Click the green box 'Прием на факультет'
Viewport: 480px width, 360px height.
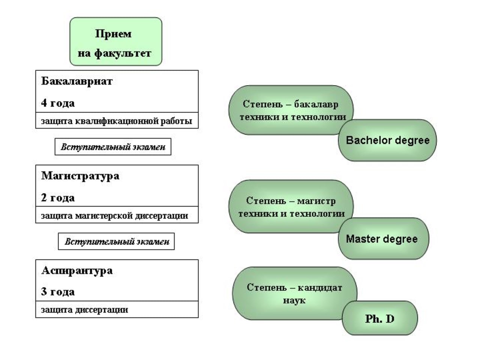click(x=115, y=42)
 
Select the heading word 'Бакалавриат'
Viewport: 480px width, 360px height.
click(x=77, y=81)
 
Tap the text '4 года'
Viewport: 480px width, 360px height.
click(x=58, y=103)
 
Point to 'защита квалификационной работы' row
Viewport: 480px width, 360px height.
click(x=117, y=120)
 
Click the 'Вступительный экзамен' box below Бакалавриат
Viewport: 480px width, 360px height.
click(x=113, y=147)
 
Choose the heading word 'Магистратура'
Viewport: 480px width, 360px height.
click(x=80, y=176)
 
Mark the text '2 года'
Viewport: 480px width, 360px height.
click(x=58, y=198)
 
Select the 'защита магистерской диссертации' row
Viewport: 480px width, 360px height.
click(x=117, y=215)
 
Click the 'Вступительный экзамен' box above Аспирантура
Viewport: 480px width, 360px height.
click(x=116, y=241)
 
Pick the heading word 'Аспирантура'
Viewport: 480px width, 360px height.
click(x=77, y=271)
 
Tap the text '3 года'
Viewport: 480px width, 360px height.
click(x=58, y=292)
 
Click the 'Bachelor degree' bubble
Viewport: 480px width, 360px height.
click(x=387, y=140)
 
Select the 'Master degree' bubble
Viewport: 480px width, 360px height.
click(x=384, y=238)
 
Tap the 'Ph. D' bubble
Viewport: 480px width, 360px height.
click(x=380, y=318)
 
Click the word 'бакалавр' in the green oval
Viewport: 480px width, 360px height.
click(x=316, y=104)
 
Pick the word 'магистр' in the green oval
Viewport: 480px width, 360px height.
click(x=316, y=201)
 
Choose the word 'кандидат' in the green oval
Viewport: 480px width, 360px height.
click(x=320, y=287)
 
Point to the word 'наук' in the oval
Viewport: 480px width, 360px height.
click(x=294, y=300)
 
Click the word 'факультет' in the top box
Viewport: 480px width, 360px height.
click(x=123, y=54)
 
